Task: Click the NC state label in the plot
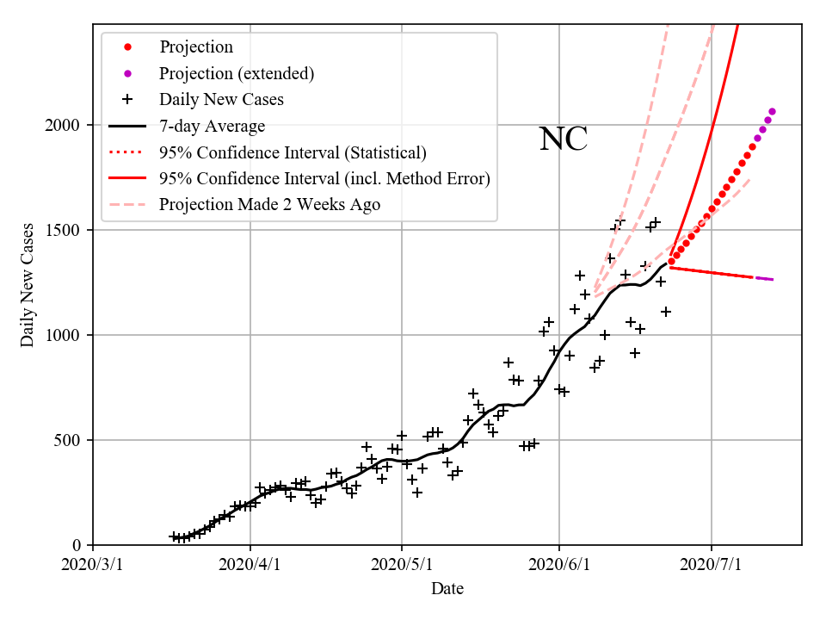pyautogui.click(x=564, y=139)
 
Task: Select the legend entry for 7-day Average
pyautogui.click(x=212, y=126)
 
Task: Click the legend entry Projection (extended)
pyautogui.click(x=237, y=73)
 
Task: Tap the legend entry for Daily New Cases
pyautogui.click(x=221, y=99)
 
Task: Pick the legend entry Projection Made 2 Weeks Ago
pyautogui.click(x=269, y=204)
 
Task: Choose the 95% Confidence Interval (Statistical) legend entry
pyautogui.click(x=293, y=152)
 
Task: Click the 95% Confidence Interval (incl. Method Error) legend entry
pyautogui.click(x=324, y=178)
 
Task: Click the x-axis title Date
pyautogui.click(x=447, y=589)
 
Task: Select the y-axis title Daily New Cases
pyautogui.click(x=28, y=285)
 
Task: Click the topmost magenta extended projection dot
pyautogui.click(x=772, y=111)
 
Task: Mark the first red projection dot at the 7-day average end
pyautogui.click(x=671, y=262)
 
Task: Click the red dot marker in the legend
pyautogui.click(x=127, y=47)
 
